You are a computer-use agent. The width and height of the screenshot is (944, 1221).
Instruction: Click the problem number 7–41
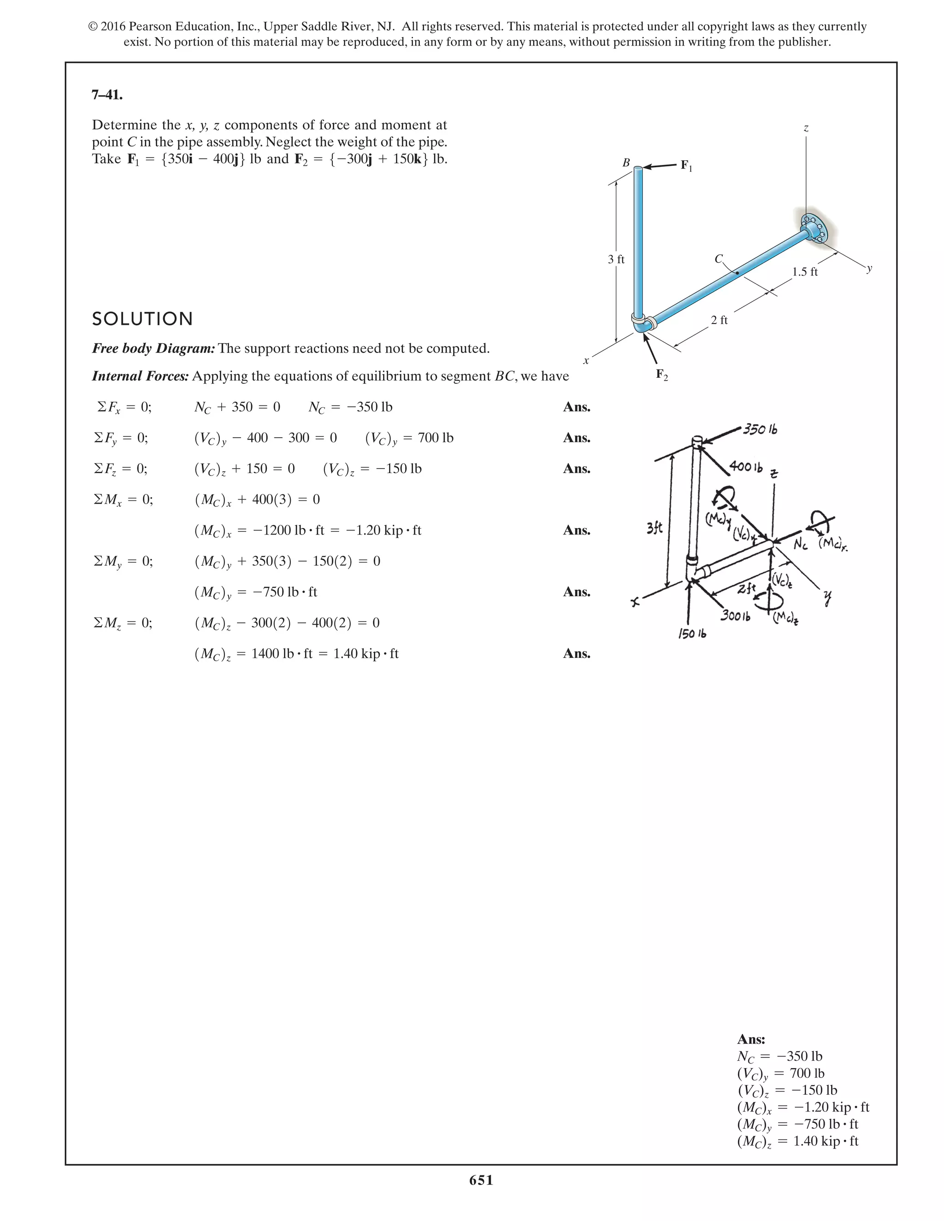pos(107,95)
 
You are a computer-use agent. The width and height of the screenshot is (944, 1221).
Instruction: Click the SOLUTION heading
pos(142,319)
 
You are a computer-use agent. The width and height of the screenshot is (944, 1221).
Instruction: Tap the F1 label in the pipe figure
pos(686,165)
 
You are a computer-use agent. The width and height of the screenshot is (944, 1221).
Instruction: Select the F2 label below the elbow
pos(661,375)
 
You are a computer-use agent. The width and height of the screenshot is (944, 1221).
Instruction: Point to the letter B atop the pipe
pos(626,163)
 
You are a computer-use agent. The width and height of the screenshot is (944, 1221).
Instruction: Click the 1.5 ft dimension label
pos(805,272)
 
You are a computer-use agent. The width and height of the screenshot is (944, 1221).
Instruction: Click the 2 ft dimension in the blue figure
pos(719,320)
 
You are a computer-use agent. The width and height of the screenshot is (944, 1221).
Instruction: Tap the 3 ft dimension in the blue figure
pos(616,259)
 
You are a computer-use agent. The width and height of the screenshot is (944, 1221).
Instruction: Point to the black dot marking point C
pos(737,273)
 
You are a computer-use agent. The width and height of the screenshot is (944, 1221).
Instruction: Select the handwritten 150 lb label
pos(692,634)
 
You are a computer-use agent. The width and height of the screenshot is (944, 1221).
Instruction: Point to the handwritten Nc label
pos(800,545)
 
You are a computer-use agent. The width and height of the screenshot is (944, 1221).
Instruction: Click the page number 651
pos(481,1180)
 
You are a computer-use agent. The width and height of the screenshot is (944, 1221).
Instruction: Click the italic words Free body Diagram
pos(153,348)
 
